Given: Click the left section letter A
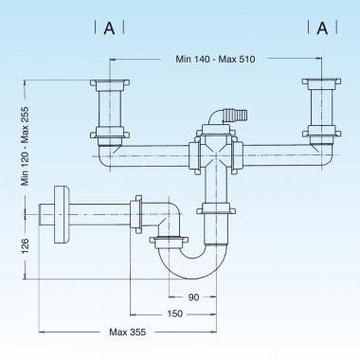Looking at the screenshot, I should (110, 27).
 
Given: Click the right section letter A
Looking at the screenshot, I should (322, 27).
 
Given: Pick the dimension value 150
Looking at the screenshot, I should (174, 314).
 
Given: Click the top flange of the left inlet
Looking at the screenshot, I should (110, 85).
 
